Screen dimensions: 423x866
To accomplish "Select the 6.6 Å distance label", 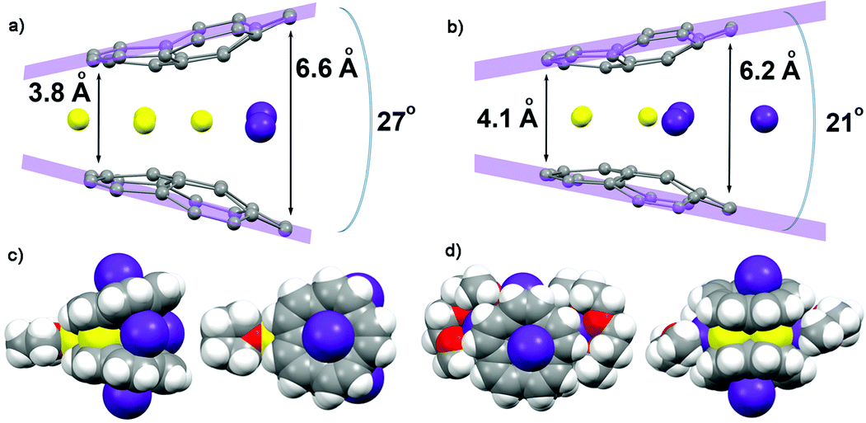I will pos(327,67).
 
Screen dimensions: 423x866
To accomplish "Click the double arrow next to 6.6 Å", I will pos(291,122).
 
